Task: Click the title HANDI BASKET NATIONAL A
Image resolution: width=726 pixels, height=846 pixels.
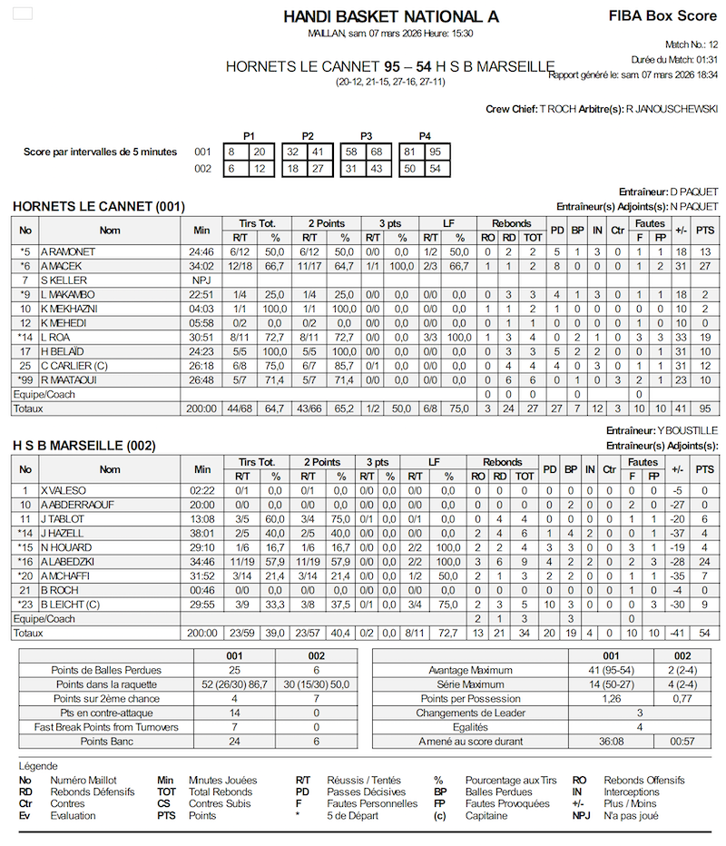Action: click(391, 16)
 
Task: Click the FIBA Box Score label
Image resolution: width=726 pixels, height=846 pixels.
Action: click(662, 15)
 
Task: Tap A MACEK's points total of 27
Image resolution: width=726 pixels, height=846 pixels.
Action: click(704, 265)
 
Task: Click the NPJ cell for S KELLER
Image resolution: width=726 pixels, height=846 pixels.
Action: click(201, 280)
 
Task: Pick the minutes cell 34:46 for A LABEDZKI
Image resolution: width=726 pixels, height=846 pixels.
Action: click(201, 562)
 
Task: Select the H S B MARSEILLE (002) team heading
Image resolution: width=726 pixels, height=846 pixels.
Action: click(83, 446)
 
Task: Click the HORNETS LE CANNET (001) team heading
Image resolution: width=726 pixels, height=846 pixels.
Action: click(98, 207)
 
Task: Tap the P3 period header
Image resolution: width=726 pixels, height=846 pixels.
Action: click(366, 135)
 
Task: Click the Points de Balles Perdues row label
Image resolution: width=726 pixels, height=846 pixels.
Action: click(108, 669)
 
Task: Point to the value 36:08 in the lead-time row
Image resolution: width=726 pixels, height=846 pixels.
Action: click(614, 742)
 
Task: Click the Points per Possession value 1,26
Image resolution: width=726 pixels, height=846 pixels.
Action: click(614, 698)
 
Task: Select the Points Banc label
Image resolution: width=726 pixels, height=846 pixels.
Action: click(108, 742)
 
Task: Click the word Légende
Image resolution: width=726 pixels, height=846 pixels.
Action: click(38, 765)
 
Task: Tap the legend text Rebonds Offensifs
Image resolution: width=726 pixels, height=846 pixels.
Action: click(644, 780)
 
